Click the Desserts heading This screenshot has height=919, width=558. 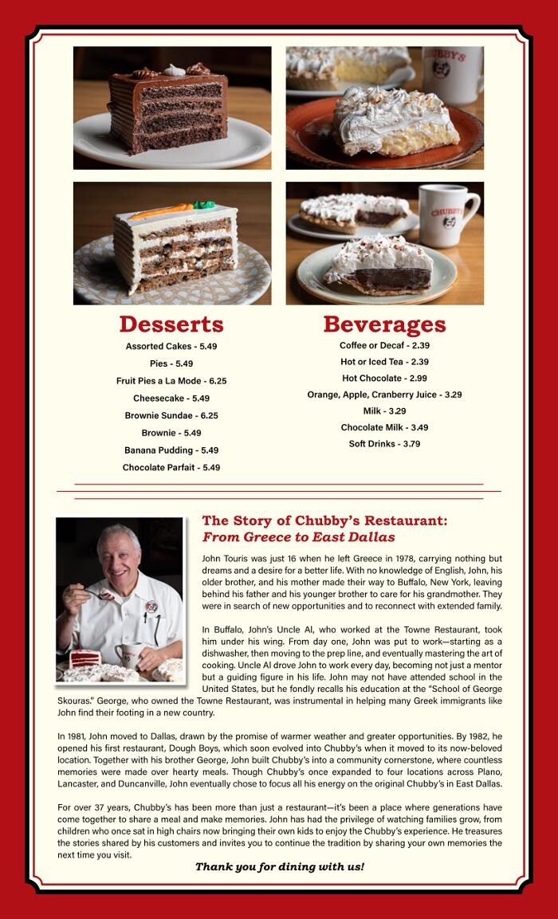[x=171, y=324]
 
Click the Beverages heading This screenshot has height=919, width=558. [x=384, y=324]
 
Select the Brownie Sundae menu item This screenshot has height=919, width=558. [x=171, y=415]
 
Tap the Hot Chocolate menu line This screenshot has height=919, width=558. [x=384, y=378]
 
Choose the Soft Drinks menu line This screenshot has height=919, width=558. [x=384, y=443]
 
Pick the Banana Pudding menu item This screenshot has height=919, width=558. [x=171, y=450]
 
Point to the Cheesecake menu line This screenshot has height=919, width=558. [x=171, y=398]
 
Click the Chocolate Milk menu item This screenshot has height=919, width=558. [x=384, y=427]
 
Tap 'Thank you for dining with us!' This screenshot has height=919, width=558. [x=279, y=866]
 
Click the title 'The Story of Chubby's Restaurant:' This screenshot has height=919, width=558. [x=324, y=520]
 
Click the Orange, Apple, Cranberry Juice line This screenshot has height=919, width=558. [x=384, y=395]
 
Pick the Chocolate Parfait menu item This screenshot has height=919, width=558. [x=171, y=468]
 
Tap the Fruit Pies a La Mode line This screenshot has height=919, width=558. [x=171, y=381]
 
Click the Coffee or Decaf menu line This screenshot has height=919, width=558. [x=384, y=345]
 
